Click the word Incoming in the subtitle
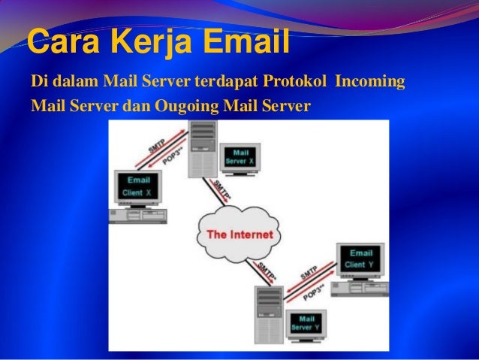coord(370,81)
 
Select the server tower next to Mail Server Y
coord(269,314)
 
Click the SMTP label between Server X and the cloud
coord(223,191)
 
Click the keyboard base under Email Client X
coord(137,216)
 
